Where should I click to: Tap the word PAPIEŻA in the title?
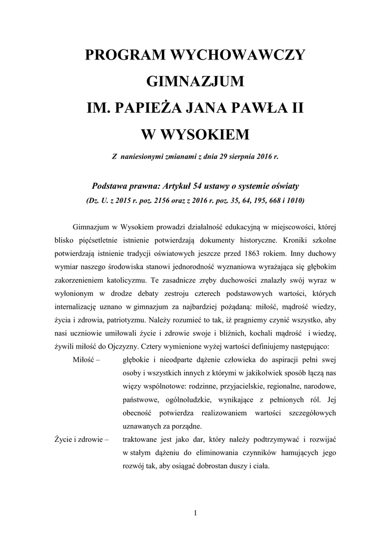(x=151, y=109)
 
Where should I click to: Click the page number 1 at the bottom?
(x=195, y=513)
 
